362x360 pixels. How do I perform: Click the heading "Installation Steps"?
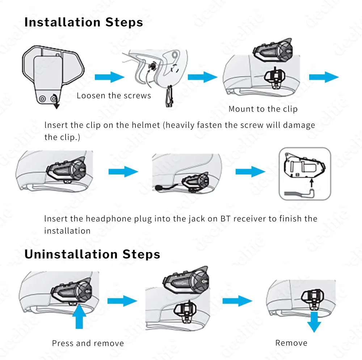point(84,22)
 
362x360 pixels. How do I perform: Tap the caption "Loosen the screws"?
point(114,96)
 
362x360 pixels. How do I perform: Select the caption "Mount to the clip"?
point(263,109)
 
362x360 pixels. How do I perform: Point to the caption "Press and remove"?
point(88,343)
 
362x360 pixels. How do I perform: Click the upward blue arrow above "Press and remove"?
point(79,317)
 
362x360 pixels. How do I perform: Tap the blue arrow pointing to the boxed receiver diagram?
point(250,172)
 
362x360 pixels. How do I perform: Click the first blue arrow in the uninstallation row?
point(122,301)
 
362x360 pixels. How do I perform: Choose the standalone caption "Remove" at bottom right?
point(291,343)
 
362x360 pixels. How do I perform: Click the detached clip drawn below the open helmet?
point(169,96)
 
